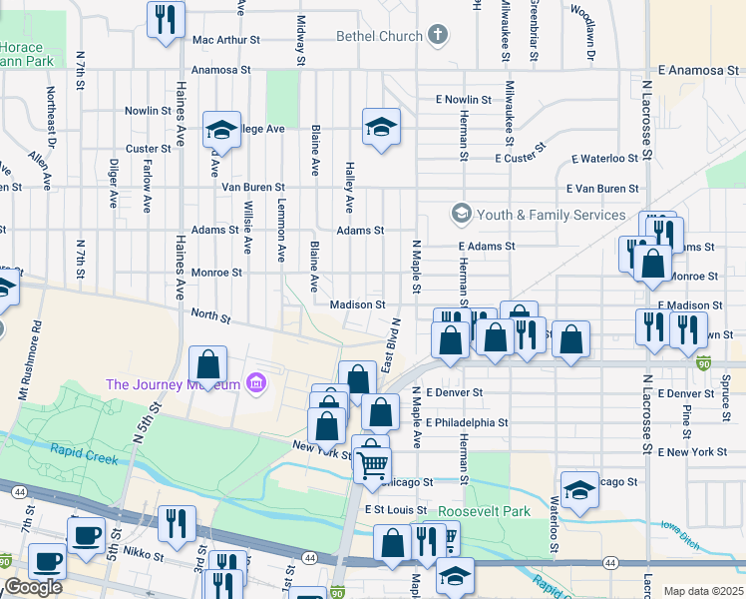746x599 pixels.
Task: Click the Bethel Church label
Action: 381,37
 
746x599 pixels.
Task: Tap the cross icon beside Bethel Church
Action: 436,37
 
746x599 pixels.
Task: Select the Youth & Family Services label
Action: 552,215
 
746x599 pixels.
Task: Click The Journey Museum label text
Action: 174,384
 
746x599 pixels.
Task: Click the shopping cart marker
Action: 373,462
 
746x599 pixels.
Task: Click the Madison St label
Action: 358,304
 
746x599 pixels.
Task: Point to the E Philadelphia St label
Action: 466,422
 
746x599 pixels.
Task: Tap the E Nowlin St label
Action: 464,100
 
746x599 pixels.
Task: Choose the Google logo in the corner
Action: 32,587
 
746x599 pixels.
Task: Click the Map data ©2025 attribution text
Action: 703,591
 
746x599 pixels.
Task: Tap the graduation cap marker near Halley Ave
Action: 380,128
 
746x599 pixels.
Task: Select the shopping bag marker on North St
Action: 207,365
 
